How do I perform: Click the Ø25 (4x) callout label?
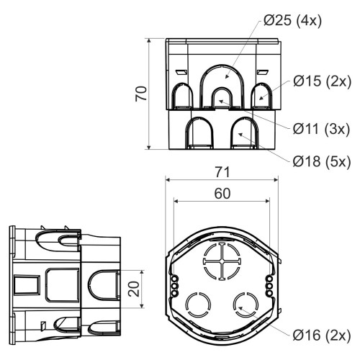pos(292,21)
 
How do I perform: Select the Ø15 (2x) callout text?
pos(322,81)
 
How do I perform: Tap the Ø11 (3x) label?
pos(321,129)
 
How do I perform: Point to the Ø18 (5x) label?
pos(322,162)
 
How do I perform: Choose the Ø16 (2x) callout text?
pos(322,335)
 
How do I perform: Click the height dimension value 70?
pos(141,94)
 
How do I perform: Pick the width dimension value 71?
pos(222,172)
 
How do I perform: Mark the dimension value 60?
pos(222,194)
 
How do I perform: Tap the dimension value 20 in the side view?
pos(134,289)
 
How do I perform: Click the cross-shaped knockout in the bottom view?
pos(222,261)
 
